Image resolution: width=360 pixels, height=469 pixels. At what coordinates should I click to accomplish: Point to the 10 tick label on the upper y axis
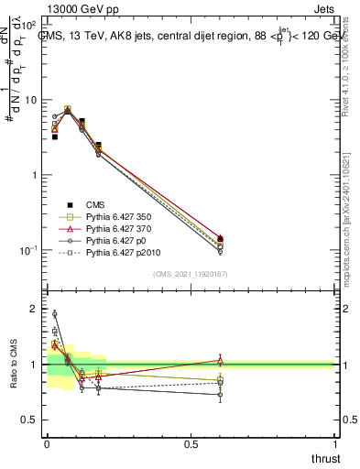tap(29, 100)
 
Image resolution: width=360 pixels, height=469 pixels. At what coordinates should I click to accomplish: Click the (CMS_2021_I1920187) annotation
tap(190, 274)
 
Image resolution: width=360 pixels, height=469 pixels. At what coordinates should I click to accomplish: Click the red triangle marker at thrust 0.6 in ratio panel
tap(220, 360)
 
